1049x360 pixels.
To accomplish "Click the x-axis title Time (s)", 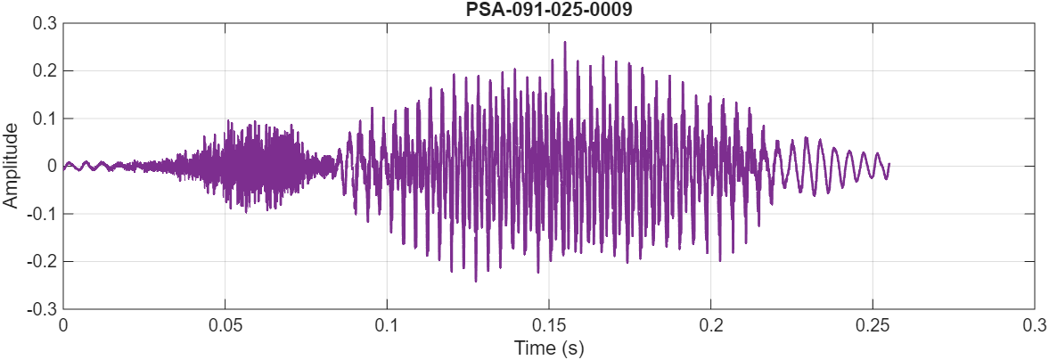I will tap(548, 347).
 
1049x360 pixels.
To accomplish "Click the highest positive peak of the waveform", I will tap(564, 42).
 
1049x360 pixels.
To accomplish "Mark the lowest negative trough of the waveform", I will tap(475, 282).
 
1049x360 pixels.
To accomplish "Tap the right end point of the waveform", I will tap(889, 164).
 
